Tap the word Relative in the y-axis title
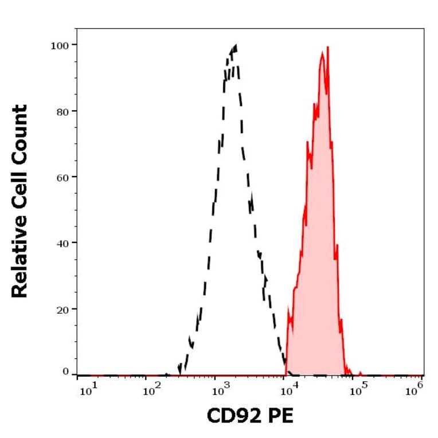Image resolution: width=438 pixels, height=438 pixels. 20,258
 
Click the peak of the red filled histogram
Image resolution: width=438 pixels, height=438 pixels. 327,48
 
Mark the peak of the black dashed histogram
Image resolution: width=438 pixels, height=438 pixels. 235,45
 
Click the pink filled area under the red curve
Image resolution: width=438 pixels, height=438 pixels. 318,229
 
